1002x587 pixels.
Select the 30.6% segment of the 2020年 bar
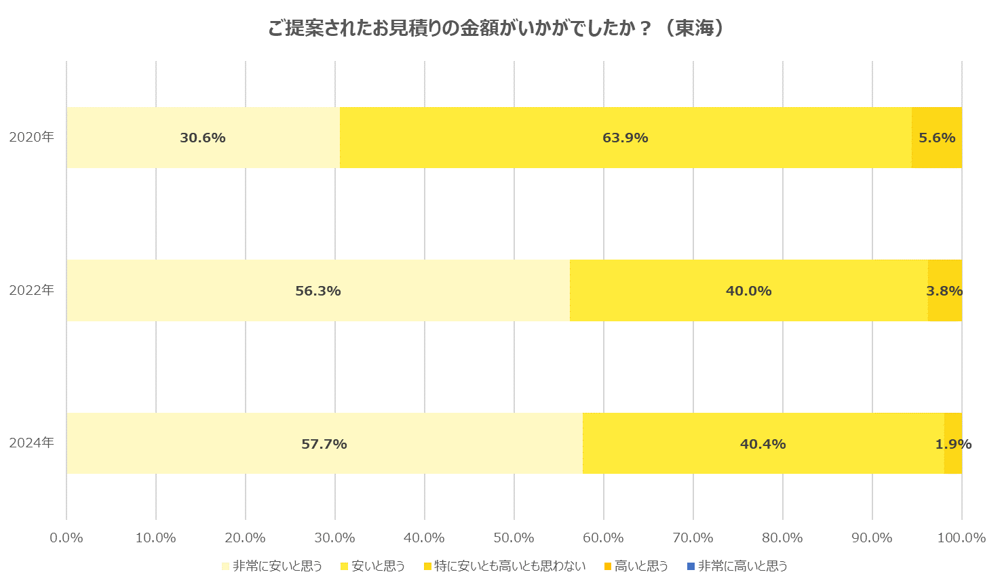click(203, 138)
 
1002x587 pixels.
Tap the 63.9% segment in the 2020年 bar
click(625, 138)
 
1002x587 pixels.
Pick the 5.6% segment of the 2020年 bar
click(936, 138)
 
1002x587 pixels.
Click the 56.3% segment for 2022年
click(317, 291)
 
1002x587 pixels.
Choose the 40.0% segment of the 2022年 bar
click(748, 291)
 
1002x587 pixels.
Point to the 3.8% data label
click(944, 291)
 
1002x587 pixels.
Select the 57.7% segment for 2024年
click(324, 444)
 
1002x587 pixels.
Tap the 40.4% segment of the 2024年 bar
click(763, 444)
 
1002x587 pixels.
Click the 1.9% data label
click(953, 444)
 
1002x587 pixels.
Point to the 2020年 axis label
click(32, 137)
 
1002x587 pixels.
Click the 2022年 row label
click(32, 290)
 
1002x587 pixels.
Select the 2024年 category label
click(32, 443)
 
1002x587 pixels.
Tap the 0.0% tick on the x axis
click(66, 538)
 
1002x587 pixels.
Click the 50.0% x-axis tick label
click(514, 538)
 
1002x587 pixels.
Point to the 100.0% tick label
click(961, 538)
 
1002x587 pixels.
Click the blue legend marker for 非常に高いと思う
click(691, 566)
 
